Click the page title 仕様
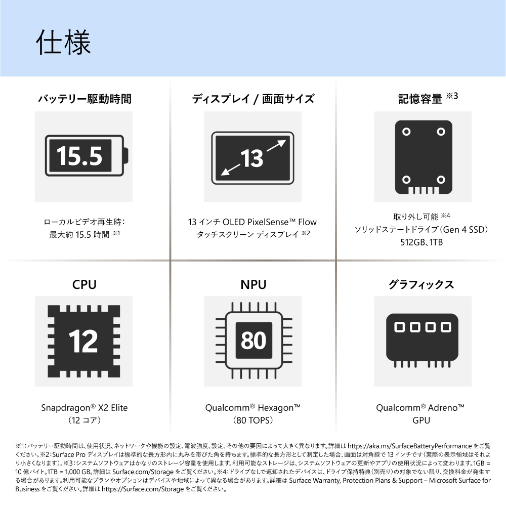63,43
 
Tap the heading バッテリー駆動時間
85,99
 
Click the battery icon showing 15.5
87,155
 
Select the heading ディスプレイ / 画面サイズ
253,99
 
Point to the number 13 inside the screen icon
252,158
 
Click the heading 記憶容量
420,99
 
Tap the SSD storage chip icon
424,157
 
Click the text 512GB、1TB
421,242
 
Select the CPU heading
84,284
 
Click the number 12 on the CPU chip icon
83,341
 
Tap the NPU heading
254,284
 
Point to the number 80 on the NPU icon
254,341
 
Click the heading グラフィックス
421,284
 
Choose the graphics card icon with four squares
422,341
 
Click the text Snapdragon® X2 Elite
84,407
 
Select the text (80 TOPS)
253,420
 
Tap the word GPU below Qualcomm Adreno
421,420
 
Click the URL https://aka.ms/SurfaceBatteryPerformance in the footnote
409,446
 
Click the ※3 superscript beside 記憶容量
452,96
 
